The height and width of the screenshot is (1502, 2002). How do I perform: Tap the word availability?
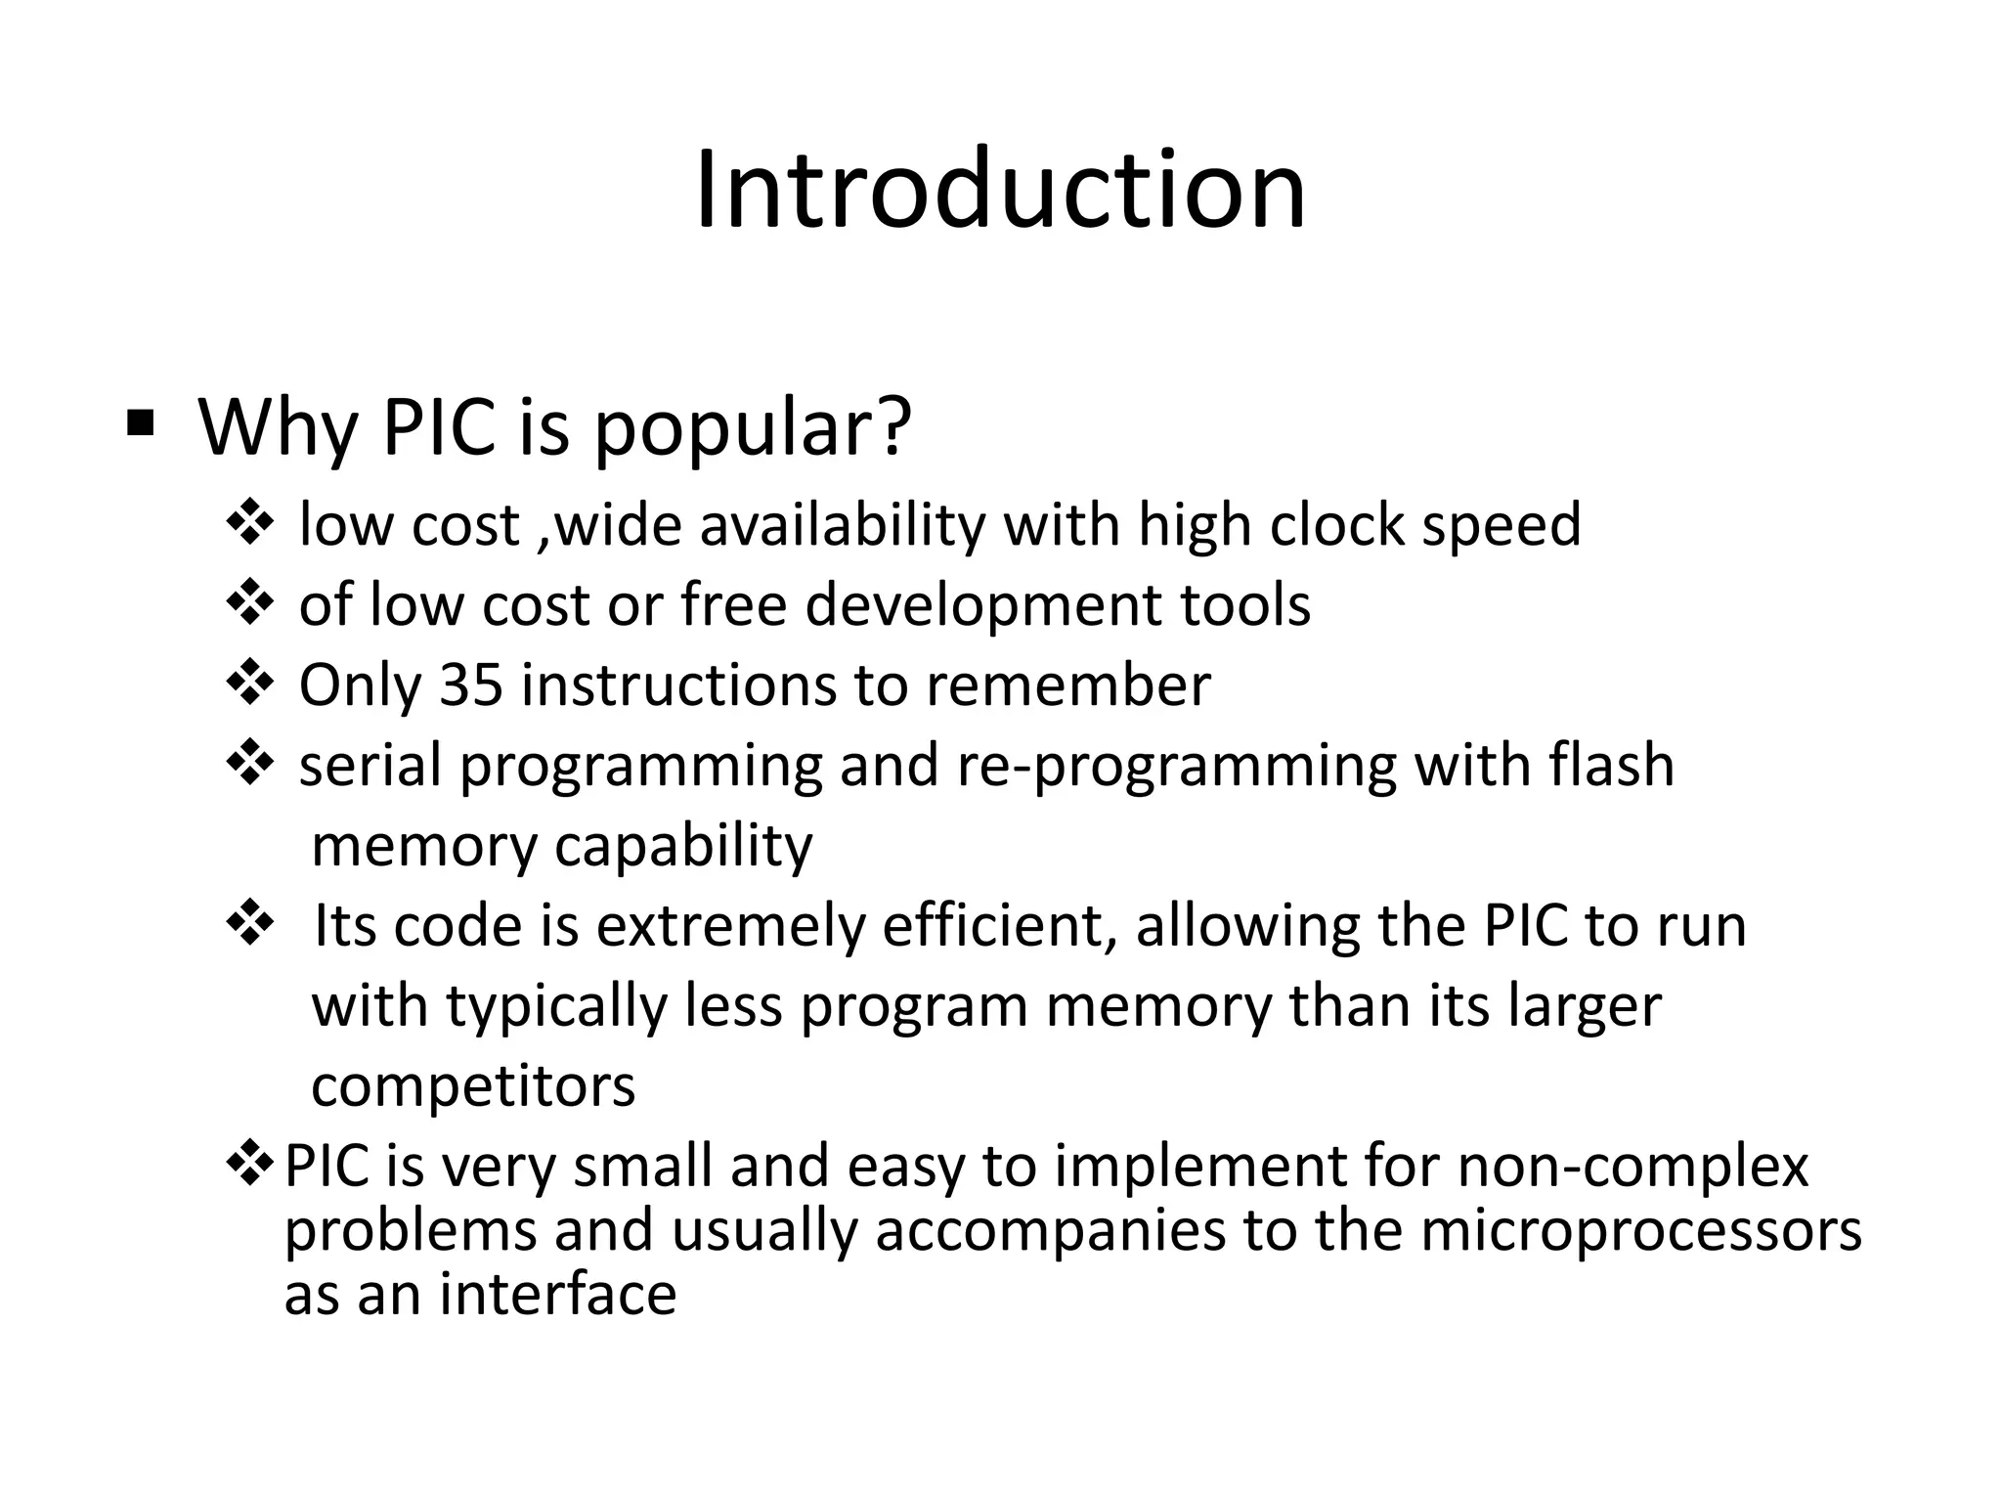843,526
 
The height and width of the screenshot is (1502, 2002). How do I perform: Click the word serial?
370,765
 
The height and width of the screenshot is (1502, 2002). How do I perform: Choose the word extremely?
730,926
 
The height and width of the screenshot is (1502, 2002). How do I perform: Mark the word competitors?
473,1085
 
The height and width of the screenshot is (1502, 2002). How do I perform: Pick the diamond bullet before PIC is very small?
249,1163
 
